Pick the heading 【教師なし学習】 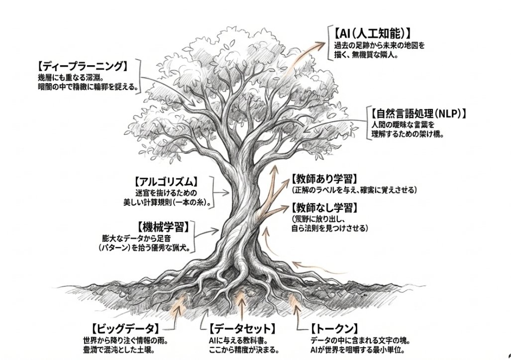pos(324,207)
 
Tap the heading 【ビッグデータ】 pos(125,328)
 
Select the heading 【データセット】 pos(242,328)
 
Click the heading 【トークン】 pos(334,328)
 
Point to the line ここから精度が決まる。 pos(241,350)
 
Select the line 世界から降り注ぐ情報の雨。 pos(125,341)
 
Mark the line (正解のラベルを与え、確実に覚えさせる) pos(354,190)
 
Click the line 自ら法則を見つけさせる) pos(329,228)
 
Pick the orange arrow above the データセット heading pos(241,303)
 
